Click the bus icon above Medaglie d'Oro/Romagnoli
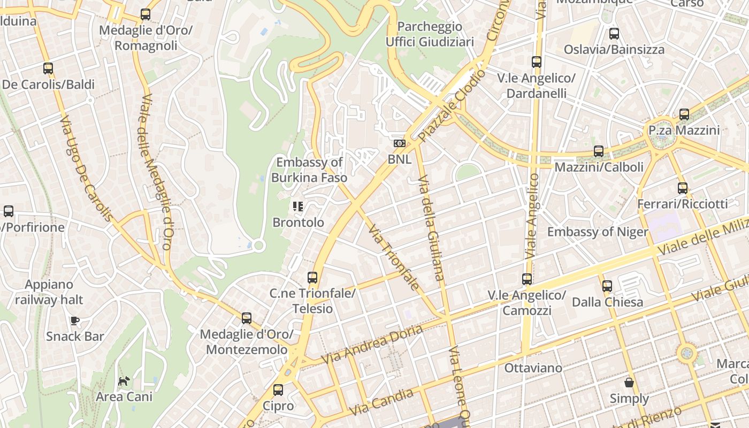[146, 14]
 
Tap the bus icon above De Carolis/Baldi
[48, 68]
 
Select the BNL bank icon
[400, 143]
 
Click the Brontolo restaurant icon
[298, 206]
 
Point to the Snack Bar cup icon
[75, 320]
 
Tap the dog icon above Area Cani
[124, 381]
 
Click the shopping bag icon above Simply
[629, 383]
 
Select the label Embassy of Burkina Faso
[309, 170]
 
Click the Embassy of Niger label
[598, 232]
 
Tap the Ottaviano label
[533, 368]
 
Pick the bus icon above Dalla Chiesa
[607, 286]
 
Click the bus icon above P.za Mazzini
[684, 114]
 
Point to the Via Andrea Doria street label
[372, 342]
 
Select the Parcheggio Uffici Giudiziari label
[430, 34]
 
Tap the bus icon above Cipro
[278, 390]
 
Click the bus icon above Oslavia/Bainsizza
[614, 34]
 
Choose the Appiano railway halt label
[49, 292]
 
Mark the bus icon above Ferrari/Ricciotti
[683, 188]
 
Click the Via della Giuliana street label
[431, 227]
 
